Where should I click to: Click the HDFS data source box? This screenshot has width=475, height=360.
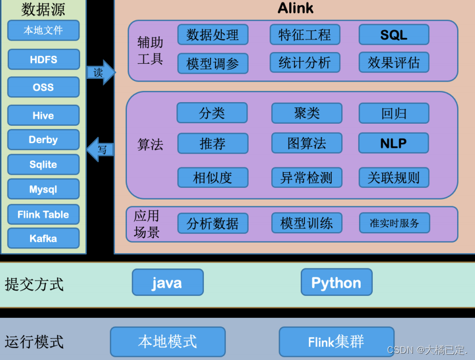(44, 59)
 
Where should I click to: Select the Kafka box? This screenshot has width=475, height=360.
(43, 238)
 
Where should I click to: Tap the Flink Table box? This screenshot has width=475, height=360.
(43, 214)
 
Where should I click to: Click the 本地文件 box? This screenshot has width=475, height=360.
(43, 31)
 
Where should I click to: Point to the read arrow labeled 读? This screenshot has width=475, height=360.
(100, 73)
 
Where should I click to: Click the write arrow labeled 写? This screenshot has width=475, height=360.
(100, 149)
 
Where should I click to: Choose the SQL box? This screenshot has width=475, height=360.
(393, 35)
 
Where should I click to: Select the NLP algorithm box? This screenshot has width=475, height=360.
(393, 143)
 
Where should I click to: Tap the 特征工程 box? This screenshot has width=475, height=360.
(305, 35)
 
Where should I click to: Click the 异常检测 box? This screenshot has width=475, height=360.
(306, 178)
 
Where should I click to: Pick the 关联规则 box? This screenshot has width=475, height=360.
(393, 178)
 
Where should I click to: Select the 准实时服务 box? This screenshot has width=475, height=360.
(394, 223)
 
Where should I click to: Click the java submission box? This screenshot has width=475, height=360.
(167, 283)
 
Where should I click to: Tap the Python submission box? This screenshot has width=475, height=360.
(337, 283)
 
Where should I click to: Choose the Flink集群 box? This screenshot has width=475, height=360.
(337, 342)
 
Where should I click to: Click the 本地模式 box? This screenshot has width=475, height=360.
(167, 342)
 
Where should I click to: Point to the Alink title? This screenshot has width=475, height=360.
(295, 8)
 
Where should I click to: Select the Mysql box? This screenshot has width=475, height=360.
(43, 189)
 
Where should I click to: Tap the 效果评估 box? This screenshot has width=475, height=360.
(393, 63)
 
